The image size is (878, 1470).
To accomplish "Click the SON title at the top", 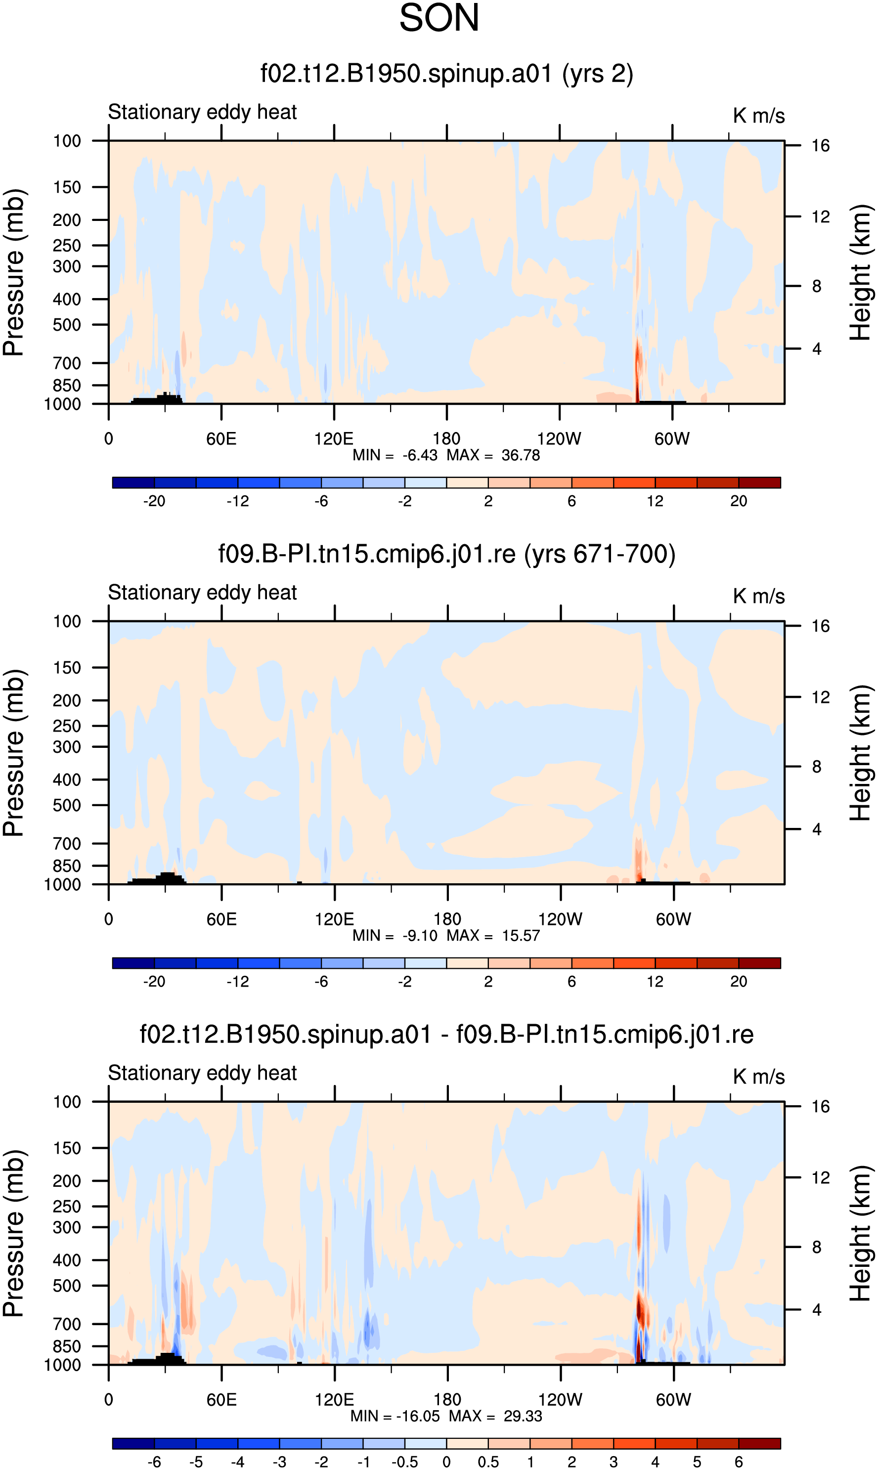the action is click(439, 18).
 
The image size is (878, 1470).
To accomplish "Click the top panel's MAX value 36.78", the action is click(521, 456).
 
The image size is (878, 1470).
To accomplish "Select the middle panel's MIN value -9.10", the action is click(420, 936).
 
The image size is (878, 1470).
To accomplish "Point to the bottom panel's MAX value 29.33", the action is click(523, 1416).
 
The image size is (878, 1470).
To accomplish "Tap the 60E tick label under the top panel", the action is click(221, 439).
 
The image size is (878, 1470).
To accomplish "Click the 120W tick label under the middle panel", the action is click(560, 919).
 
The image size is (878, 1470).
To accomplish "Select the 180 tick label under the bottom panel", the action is click(447, 1400).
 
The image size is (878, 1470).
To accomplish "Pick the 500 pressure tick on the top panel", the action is click(67, 325).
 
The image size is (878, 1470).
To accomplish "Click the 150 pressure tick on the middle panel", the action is click(67, 668).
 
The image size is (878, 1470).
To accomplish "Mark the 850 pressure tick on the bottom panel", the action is click(67, 1346).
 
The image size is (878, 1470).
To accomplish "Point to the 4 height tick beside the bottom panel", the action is click(817, 1310).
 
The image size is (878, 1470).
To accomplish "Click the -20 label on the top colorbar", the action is click(154, 501).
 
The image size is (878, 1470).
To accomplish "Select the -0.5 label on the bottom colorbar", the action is click(405, 1462).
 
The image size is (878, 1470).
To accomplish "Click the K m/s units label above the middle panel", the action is click(759, 596).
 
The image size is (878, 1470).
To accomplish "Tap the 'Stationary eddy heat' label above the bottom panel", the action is click(202, 1073).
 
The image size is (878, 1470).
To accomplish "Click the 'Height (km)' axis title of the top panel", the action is click(861, 273).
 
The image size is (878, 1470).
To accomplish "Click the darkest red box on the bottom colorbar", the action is click(760, 1443).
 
